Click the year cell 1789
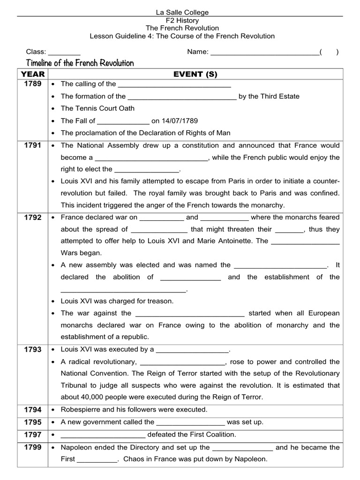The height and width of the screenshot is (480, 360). pyautogui.click(x=33, y=84)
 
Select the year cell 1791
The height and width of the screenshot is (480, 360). pyautogui.click(x=33, y=145)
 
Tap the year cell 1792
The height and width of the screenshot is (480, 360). pyautogui.click(x=33, y=217)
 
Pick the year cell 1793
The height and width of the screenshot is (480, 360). pyautogui.click(x=33, y=350)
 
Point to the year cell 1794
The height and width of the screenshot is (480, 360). pyautogui.click(x=33, y=410)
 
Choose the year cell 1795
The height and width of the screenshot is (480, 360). pyautogui.click(x=33, y=422)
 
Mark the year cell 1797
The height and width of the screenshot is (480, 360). pyautogui.click(x=33, y=435)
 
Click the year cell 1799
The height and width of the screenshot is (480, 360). pyautogui.click(x=33, y=447)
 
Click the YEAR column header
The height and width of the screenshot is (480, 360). pyautogui.click(x=33, y=74)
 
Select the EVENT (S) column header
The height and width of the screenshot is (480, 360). pyautogui.click(x=195, y=74)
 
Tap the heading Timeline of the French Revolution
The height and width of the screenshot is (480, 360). pyautogui.click(x=80, y=63)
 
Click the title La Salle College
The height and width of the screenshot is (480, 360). pyautogui.click(x=182, y=12)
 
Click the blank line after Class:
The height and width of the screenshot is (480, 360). pyautogui.click(x=64, y=52)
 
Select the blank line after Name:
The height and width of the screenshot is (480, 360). pyautogui.click(x=264, y=52)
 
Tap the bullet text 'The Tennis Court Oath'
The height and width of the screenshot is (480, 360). pyautogui.click(x=97, y=108)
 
